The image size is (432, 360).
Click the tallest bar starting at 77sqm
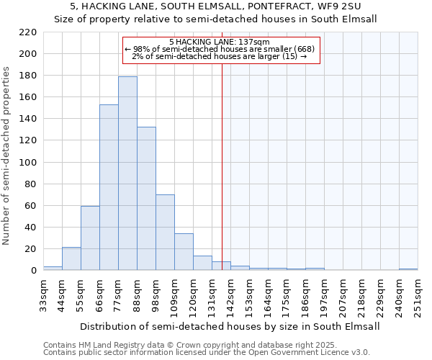127,173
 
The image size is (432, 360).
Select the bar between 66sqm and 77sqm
109,187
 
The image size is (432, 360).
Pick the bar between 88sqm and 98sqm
146,198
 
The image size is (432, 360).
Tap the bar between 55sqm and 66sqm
90,238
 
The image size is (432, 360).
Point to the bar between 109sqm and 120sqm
184,252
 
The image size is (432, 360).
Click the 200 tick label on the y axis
27,54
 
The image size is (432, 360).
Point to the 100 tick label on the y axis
27,162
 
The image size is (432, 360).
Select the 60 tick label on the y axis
30,205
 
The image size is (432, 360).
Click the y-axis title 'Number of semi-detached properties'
7,156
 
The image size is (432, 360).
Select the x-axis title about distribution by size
230,326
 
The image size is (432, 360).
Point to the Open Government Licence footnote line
207,352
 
